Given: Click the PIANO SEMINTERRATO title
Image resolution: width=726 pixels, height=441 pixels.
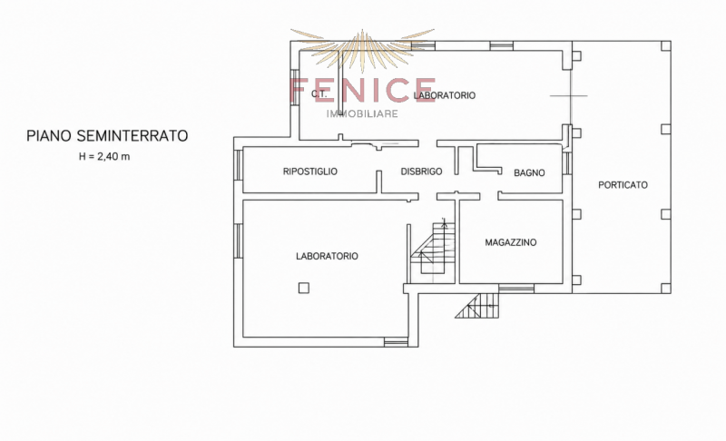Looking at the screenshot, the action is click(x=107, y=136).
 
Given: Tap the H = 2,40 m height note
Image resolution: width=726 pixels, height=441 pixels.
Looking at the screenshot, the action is click(x=104, y=156).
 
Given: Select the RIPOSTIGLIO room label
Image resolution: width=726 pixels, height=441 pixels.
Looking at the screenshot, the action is click(x=310, y=171).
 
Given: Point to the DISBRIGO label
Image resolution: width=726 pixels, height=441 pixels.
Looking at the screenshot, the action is click(x=421, y=171).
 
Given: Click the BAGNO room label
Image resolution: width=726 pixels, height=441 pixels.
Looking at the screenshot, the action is click(x=529, y=172).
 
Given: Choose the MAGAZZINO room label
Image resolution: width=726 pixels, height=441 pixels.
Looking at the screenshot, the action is click(x=511, y=242).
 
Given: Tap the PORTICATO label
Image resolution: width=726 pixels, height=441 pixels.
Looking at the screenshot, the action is click(x=623, y=184).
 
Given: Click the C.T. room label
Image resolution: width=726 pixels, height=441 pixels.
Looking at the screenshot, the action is click(x=319, y=94).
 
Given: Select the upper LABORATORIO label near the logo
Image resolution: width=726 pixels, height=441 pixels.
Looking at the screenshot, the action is click(x=445, y=95).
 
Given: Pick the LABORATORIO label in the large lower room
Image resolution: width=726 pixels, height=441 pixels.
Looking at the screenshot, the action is click(x=327, y=256).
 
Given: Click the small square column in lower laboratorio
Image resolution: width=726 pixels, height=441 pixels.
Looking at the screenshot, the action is click(x=303, y=289).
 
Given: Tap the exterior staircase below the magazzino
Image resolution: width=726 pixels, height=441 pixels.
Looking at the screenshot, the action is click(x=477, y=306).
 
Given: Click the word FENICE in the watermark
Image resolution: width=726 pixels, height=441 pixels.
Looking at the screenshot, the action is click(x=362, y=90).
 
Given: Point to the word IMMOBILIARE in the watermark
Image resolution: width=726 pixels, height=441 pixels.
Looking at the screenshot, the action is click(x=362, y=113).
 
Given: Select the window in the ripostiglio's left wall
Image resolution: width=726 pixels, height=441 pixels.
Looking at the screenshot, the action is click(x=239, y=164).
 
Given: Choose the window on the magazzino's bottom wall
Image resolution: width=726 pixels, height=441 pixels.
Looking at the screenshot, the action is click(x=516, y=289).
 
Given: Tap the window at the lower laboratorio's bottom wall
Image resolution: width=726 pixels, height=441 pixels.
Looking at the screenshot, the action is click(x=396, y=342).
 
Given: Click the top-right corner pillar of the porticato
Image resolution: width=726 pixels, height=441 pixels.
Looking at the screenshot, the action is click(x=665, y=45).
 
